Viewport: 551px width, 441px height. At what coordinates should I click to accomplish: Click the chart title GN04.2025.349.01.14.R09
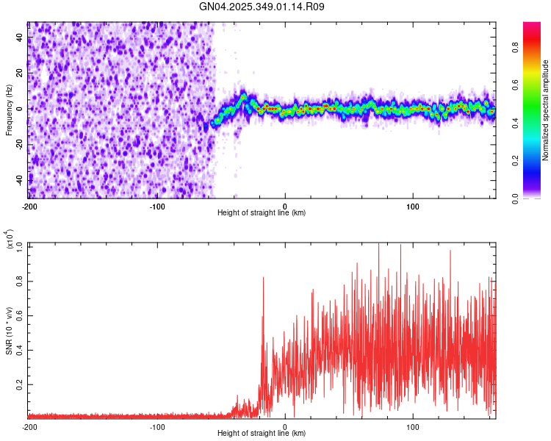[262, 7]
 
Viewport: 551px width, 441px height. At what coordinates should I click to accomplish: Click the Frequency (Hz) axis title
[9, 110]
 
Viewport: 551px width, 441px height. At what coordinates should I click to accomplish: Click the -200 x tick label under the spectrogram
[29, 205]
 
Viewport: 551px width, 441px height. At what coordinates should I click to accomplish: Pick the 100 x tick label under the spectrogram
[413, 205]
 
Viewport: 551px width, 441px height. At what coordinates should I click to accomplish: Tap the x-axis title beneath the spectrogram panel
[262, 213]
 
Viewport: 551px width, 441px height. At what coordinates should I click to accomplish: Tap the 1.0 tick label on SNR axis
[20, 245]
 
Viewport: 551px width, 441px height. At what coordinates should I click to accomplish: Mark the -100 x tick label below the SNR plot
[157, 426]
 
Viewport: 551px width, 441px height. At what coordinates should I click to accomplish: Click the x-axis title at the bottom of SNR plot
[262, 434]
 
